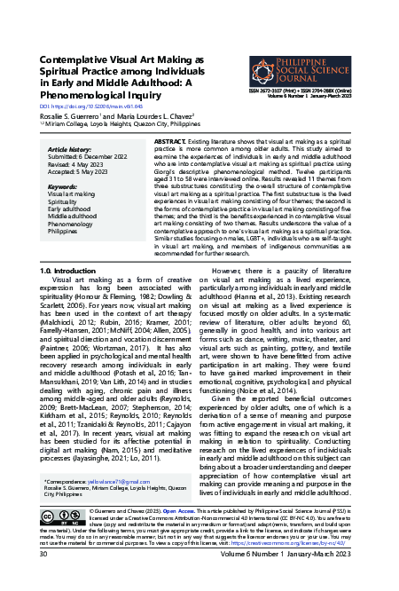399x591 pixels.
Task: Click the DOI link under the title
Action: pyautogui.click(x=79, y=106)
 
